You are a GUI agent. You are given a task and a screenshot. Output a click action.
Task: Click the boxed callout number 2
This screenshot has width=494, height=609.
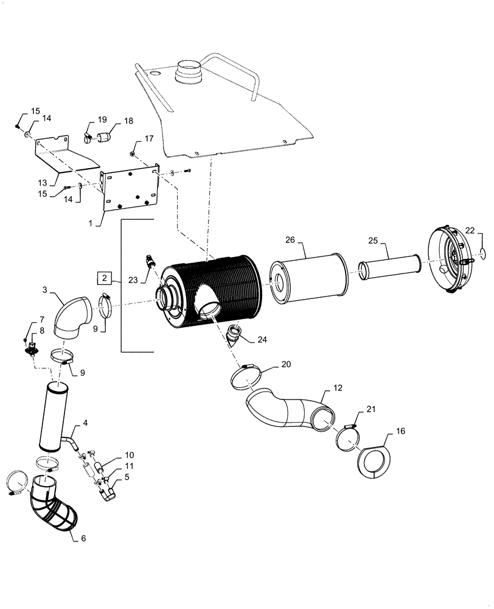[x=105, y=278]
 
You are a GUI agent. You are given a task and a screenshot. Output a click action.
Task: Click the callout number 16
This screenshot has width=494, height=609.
[x=400, y=432]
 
